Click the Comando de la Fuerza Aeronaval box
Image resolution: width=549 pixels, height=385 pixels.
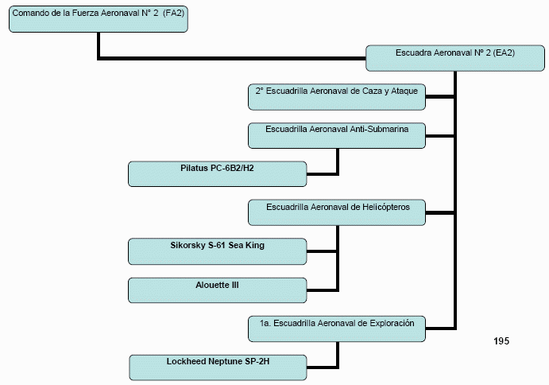click(x=99, y=20)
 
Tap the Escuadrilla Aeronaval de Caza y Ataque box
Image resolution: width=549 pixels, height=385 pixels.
click(x=337, y=96)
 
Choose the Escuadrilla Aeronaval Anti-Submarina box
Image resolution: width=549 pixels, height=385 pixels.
click(x=337, y=135)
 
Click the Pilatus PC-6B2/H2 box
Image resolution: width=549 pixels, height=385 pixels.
click(x=217, y=173)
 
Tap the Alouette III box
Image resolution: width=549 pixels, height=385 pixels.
click(x=217, y=290)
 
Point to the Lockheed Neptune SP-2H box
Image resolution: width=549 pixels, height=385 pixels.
click(x=217, y=367)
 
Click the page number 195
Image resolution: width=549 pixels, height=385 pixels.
click(x=501, y=340)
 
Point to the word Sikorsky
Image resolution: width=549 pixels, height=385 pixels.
click(x=190, y=245)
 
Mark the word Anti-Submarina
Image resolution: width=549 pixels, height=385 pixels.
click(x=386, y=130)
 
